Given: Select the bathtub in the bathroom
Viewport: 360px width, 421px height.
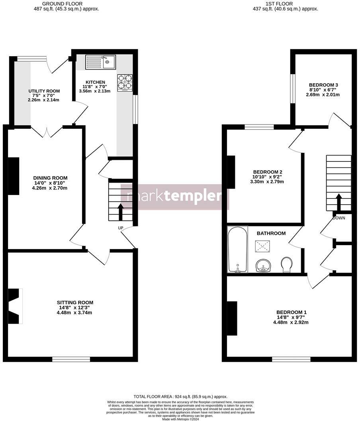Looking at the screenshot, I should (237, 250).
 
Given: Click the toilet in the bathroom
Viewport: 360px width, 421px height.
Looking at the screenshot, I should (286, 264).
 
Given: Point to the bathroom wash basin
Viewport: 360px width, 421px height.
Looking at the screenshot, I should (263, 265).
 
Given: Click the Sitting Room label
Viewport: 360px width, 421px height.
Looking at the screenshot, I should (75, 303).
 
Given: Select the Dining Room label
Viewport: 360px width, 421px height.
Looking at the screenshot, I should (50, 178).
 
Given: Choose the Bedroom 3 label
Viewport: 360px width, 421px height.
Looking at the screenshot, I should (323, 85).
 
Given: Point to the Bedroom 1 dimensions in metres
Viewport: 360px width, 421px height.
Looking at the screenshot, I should (291, 323).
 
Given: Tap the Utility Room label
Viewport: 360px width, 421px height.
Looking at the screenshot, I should (44, 91).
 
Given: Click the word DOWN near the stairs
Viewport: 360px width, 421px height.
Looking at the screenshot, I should (339, 218).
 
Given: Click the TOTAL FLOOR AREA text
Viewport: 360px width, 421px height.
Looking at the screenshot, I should (180, 397).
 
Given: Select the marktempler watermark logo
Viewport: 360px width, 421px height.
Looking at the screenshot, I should (174, 197).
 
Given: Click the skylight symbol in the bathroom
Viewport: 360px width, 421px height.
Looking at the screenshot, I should (263, 246).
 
